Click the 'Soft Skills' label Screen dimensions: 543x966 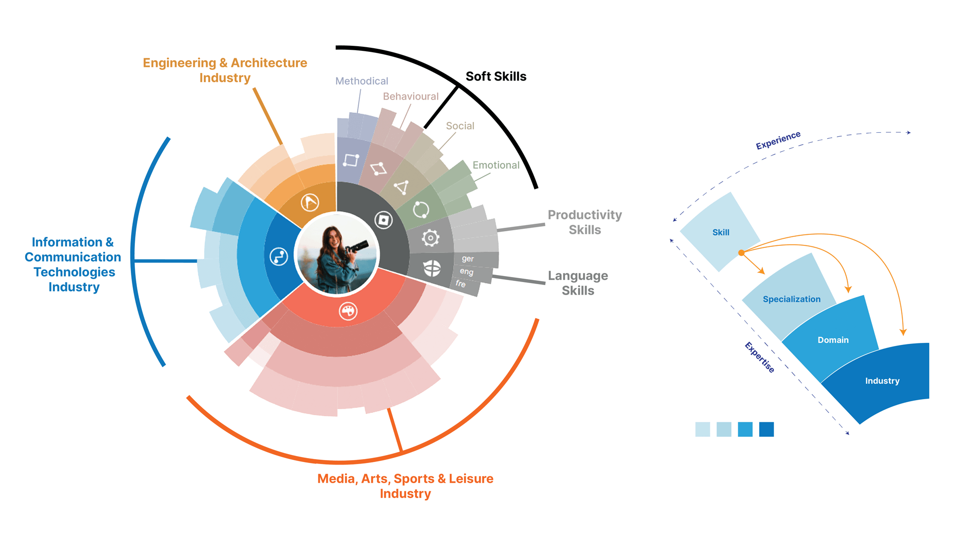pyautogui.click(x=496, y=76)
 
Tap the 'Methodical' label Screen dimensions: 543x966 pyautogui.click(x=362, y=81)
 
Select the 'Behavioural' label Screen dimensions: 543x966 pyautogui.click(x=411, y=97)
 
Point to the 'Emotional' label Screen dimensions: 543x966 pyautogui.click(x=496, y=165)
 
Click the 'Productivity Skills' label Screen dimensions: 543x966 pyautogui.click(x=585, y=222)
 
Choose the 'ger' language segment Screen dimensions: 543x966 pyautogui.click(x=468, y=259)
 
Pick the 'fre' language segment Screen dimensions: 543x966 pyautogui.click(x=461, y=284)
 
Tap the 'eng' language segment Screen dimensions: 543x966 pyautogui.click(x=466, y=271)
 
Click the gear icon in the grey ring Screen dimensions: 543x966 pyautogui.click(x=431, y=238)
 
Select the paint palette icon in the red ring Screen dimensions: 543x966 pyautogui.click(x=348, y=311)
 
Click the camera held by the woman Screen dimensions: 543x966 pyautogui.click(x=359, y=247)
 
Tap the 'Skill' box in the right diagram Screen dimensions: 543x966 pyautogui.click(x=720, y=232)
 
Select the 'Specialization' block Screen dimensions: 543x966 pyautogui.click(x=791, y=299)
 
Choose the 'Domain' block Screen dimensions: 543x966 pyautogui.click(x=833, y=340)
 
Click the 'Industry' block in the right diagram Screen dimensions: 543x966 pyautogui.click(x=882, y=381)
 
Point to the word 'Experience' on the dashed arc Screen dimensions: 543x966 pyautogui.click(x=778, y=140)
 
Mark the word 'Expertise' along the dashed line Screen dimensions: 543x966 pyautogui.click(x=759, y=357)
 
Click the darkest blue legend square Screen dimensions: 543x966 pyautogui.click(x=766, y=429)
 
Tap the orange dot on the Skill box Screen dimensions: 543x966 pyautogui.click(x=741, y=253)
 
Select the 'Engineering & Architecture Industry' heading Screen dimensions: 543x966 pyautogui.click(x=225, y=70)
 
